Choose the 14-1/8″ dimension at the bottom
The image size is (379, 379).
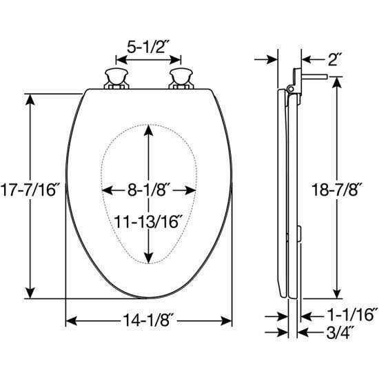[x=148, y=320]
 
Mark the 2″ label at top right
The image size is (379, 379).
[x=336, y=59]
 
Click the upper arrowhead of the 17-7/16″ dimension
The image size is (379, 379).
[x=30, y=97]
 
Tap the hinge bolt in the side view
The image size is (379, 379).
[x=314, y=78]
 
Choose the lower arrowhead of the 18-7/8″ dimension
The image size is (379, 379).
[x=336, y=292]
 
